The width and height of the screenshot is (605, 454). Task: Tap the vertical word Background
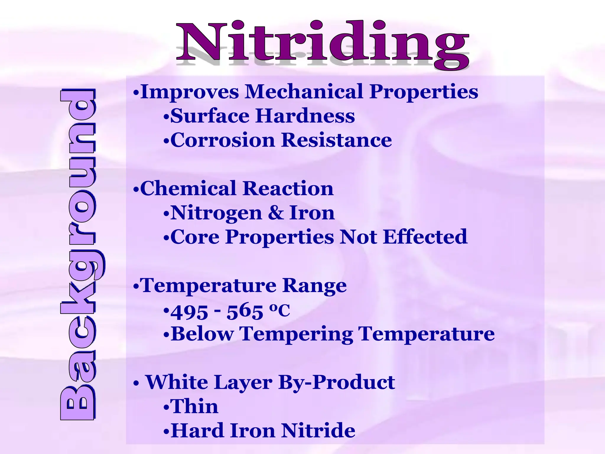tap(78, 254)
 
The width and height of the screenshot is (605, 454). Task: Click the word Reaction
tap(288, 188)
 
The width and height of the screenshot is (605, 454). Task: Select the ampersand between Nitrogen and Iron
tap(276, 213)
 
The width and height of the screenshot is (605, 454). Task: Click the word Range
tap(314, 286)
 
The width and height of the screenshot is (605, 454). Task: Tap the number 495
tap(189, 312)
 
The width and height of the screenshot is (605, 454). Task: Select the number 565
tap(245, 312)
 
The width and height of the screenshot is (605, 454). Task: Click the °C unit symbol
tap(279, 310)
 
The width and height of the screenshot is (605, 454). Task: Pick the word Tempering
tap(296, 334)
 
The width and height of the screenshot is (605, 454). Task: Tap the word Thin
tap(194, 406)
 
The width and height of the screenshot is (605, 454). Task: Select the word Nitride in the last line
tap(318, 431)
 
